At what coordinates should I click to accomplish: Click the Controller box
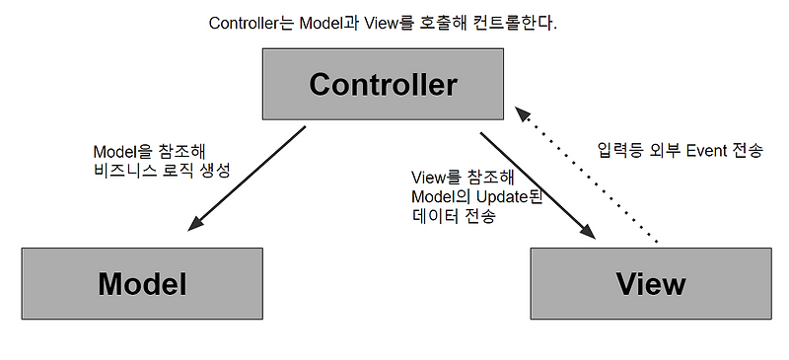point(383,85)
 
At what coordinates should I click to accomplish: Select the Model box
point(142,284)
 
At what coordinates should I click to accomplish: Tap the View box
point(650,284)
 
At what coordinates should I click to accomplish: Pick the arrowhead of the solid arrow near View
point(589,233)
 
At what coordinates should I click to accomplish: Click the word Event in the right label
point(698,151)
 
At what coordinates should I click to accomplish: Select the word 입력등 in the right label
point(619,151)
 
